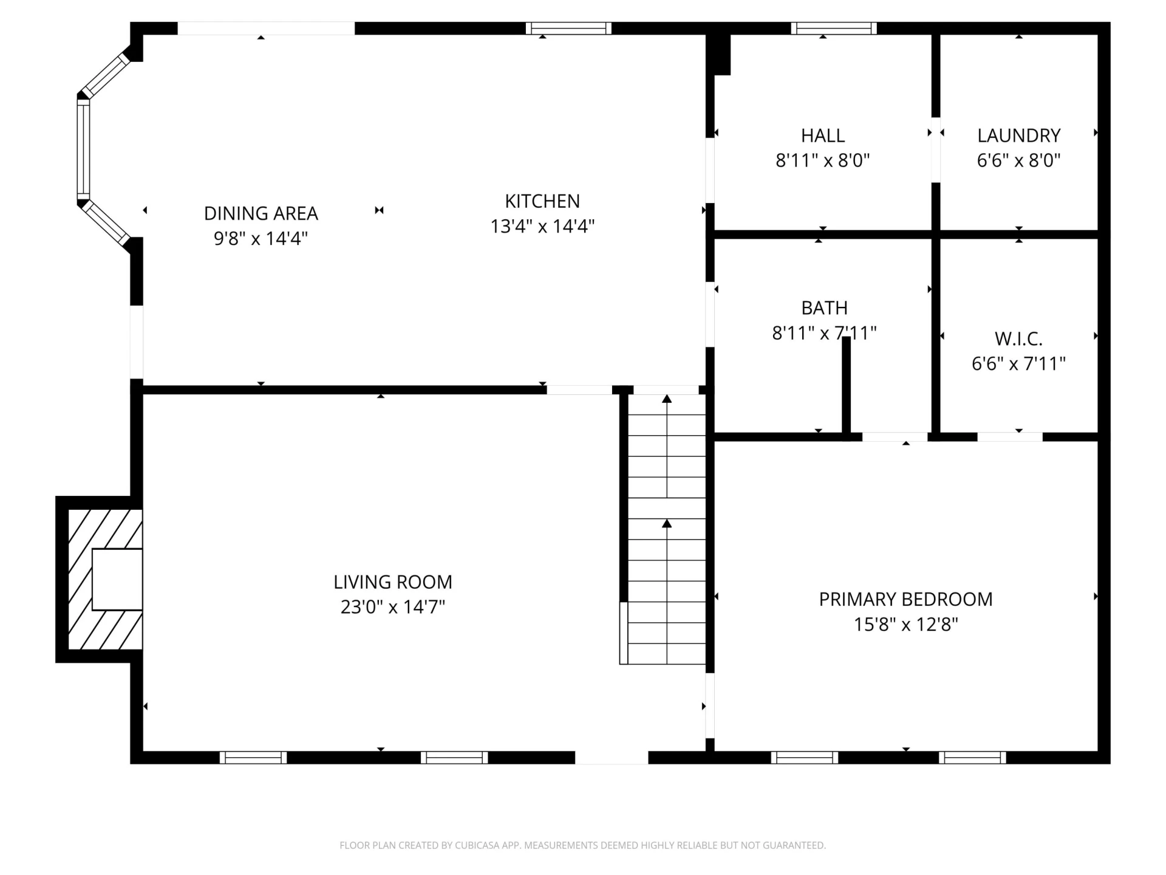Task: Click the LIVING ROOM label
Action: coord(393,582)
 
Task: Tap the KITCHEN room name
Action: coord(542,201)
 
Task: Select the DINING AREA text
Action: coord(261,213)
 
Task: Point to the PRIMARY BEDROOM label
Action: coord(905,599)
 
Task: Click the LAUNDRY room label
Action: coord(1018,136)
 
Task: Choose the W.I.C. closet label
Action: coord(1018,338)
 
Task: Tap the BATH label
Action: coord(824,308)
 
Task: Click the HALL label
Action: coord(823,136)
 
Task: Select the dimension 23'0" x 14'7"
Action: coord(393,607)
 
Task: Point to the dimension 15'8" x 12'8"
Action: coord(905,624)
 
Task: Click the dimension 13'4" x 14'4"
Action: coord(542,226)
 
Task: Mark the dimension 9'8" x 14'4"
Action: coord(261,238)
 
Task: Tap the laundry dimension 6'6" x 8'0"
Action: coord(1018,160)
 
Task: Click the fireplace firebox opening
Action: coord(117,579)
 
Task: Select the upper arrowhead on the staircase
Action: coord(667,399)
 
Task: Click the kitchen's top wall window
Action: coord(568,28)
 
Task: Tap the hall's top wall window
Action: coord(834,28)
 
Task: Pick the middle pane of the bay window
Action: coord(83,149)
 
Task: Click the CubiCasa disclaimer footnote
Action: coord(583,845)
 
